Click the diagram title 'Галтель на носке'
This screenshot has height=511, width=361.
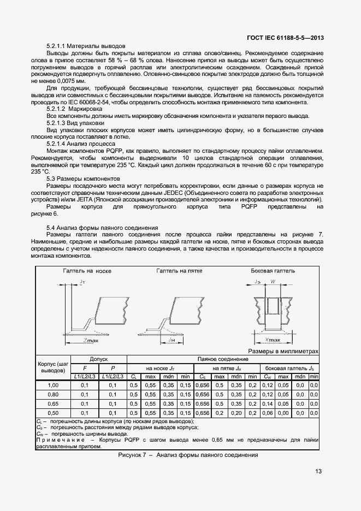pos(87,271)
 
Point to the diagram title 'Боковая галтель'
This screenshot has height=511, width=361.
pos(273,271)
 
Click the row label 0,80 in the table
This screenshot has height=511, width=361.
pos(54,394)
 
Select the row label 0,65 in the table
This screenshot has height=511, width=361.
pos(54,403)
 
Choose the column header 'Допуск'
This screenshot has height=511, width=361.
pos(99,359)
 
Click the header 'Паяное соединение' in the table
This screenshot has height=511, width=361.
pos(222,359)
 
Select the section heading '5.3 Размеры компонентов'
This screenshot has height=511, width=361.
pos(82,179)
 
